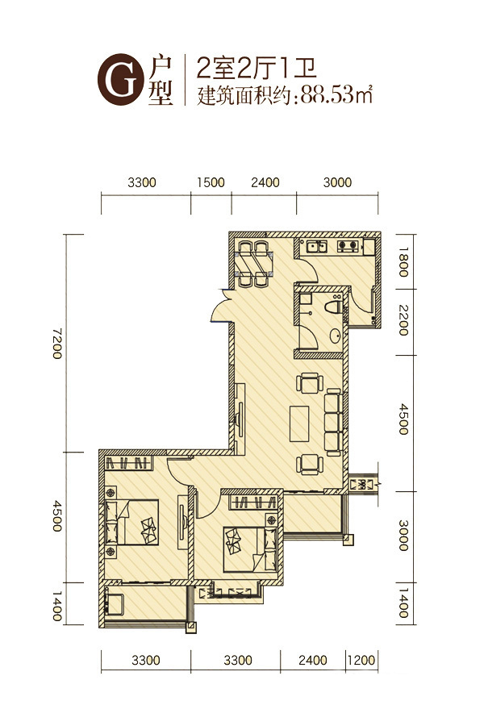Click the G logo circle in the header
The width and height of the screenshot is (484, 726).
119,79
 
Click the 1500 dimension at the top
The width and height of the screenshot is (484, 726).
211,182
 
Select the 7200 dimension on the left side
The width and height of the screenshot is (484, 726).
57,343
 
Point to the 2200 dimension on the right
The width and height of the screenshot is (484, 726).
403,320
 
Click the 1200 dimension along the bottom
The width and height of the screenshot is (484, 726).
361,659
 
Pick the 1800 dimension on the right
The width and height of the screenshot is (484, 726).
403,261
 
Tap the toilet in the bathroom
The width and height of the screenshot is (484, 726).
334,307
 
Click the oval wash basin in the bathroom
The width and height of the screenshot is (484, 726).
336,336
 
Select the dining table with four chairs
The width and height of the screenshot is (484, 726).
254,264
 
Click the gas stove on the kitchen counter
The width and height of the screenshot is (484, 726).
348,246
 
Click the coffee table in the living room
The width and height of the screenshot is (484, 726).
299,423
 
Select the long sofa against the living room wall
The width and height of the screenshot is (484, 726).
333,423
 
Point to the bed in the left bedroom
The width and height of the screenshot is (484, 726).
131,522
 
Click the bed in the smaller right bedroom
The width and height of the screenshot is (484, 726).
250,549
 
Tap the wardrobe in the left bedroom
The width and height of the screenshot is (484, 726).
128,463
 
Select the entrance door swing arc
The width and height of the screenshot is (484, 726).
218,307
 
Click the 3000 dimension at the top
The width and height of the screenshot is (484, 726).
337,182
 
